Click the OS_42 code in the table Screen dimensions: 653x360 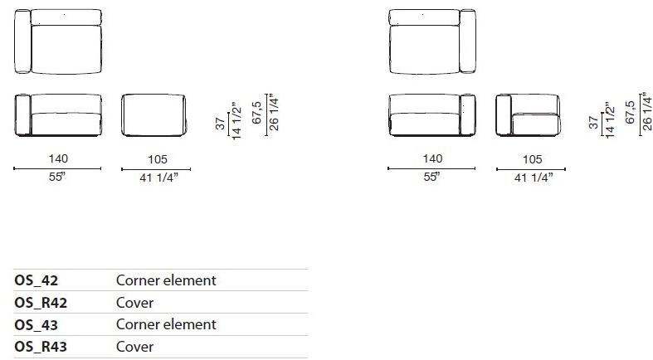tap(37, 280)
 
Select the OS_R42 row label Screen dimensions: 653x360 tap(41, 303)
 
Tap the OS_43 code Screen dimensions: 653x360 tap(37, 324)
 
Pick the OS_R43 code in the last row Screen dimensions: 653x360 tap(41, 347)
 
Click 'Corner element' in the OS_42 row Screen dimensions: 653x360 tap(166, 280)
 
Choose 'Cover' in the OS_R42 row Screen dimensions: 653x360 tap(134, 303)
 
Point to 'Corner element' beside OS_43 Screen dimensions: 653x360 tap(166, 324)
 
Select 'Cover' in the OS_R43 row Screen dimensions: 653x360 tap(134, 347)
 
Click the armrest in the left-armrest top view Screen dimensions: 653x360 tap(22, 41)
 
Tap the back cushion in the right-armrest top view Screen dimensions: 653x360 tap(424, 17)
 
